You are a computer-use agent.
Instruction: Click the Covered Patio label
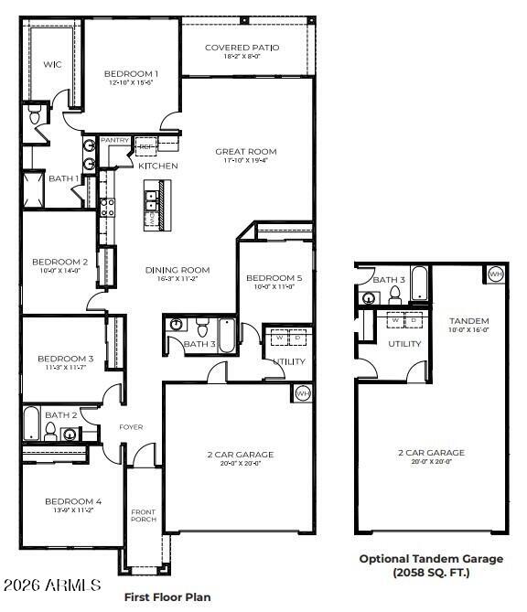(244, 48)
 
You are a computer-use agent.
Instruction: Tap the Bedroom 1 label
(131, 74)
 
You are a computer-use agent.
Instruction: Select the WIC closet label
(52, 64)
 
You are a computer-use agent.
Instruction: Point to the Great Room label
(245, 152)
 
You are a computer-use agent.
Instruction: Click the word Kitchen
(157, 166)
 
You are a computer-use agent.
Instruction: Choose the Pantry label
(114, 140)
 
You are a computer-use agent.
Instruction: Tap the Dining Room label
(177, 270)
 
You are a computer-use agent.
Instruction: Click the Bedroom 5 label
(274, 278)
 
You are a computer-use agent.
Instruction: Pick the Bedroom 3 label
(65, 359)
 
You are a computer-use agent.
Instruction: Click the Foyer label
(132, 427)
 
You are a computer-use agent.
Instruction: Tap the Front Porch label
(143, 517)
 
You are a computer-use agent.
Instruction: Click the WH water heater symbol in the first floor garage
(303, 394)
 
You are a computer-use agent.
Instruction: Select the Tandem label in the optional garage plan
(468, 321)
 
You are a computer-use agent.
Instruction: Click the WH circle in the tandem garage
(495, 274)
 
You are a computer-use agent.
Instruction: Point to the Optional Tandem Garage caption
(430, 559)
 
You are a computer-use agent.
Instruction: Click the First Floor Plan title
(167, 596)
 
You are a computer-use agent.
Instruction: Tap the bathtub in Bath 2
(32, 425)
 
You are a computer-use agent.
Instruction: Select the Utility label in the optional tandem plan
(404, 344)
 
